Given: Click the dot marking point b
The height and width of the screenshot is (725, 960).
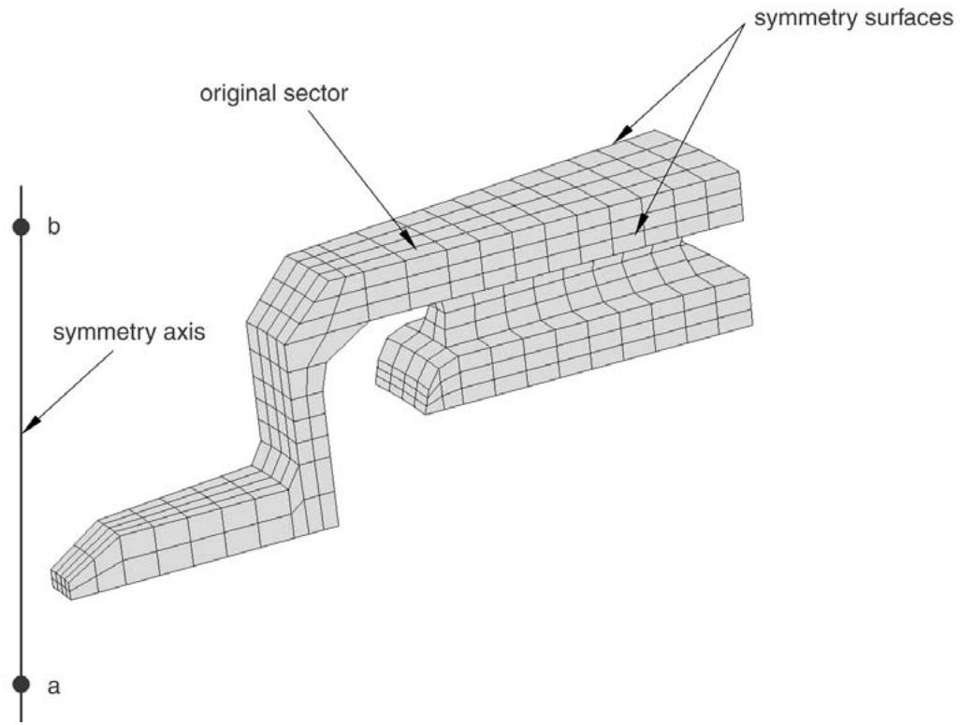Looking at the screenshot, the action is [x=22, y=226].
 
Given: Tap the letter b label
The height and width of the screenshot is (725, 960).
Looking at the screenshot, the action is [x=54, y=226].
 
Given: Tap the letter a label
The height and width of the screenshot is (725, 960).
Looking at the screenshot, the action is [x=54, y=687].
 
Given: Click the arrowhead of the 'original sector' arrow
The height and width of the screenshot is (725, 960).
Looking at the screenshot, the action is [x=409, y=239].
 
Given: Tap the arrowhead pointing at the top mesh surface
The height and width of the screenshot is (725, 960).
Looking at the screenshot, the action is [x=621, y=134].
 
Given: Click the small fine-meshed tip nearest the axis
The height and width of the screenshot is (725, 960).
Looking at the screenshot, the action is [x=60, y=581].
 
